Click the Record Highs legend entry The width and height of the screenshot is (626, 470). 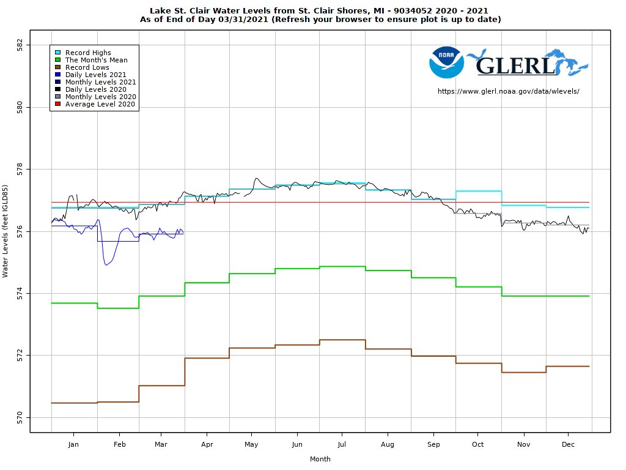tap(88, 53)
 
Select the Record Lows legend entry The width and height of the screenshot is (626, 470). tap(87, 67)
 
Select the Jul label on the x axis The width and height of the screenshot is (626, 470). tap(342, 444)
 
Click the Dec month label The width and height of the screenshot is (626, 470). tap(567, 444)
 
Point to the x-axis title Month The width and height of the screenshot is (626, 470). tap(320, 459)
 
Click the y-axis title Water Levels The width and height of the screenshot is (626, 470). tap(6, 231)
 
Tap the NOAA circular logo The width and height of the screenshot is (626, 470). tap(446, 62)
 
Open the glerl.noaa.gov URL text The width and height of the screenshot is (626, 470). tap(508, 91)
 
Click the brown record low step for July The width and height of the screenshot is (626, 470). tap(342, 340)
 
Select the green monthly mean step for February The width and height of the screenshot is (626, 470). tap(118, 308)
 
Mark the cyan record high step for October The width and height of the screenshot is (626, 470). tap(479, 191)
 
